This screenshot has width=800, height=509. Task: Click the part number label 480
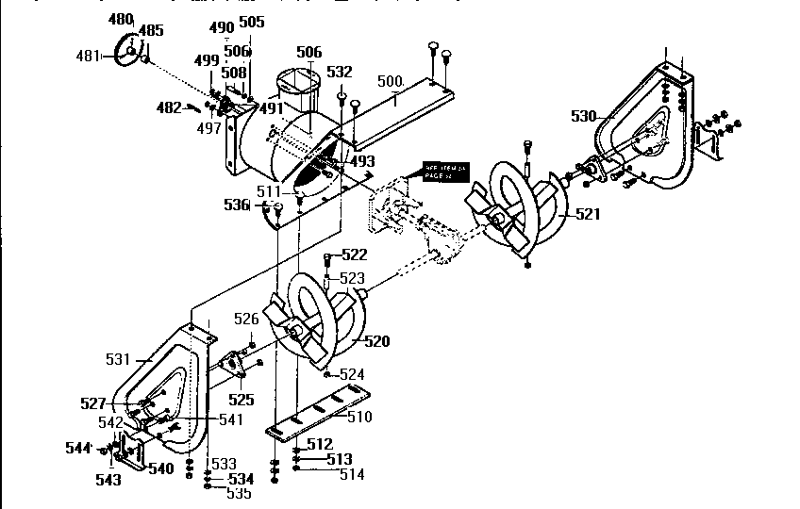(121, 19)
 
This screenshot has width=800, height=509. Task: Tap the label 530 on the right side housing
(584, 116)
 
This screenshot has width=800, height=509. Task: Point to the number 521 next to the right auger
(587, 215)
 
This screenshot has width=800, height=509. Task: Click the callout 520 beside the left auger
(376, 340)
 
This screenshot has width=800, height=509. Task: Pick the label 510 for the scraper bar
(359, 417)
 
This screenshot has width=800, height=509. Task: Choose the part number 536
(236, 205)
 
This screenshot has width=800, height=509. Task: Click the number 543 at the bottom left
(108, 480)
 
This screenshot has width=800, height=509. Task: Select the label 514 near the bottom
(351, 475)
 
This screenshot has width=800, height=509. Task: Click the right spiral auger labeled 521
(514, 210)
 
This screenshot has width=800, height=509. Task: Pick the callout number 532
(339, 72)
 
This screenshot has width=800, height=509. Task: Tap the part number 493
(362, 162)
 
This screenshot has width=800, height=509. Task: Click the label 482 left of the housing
(169, 107)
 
